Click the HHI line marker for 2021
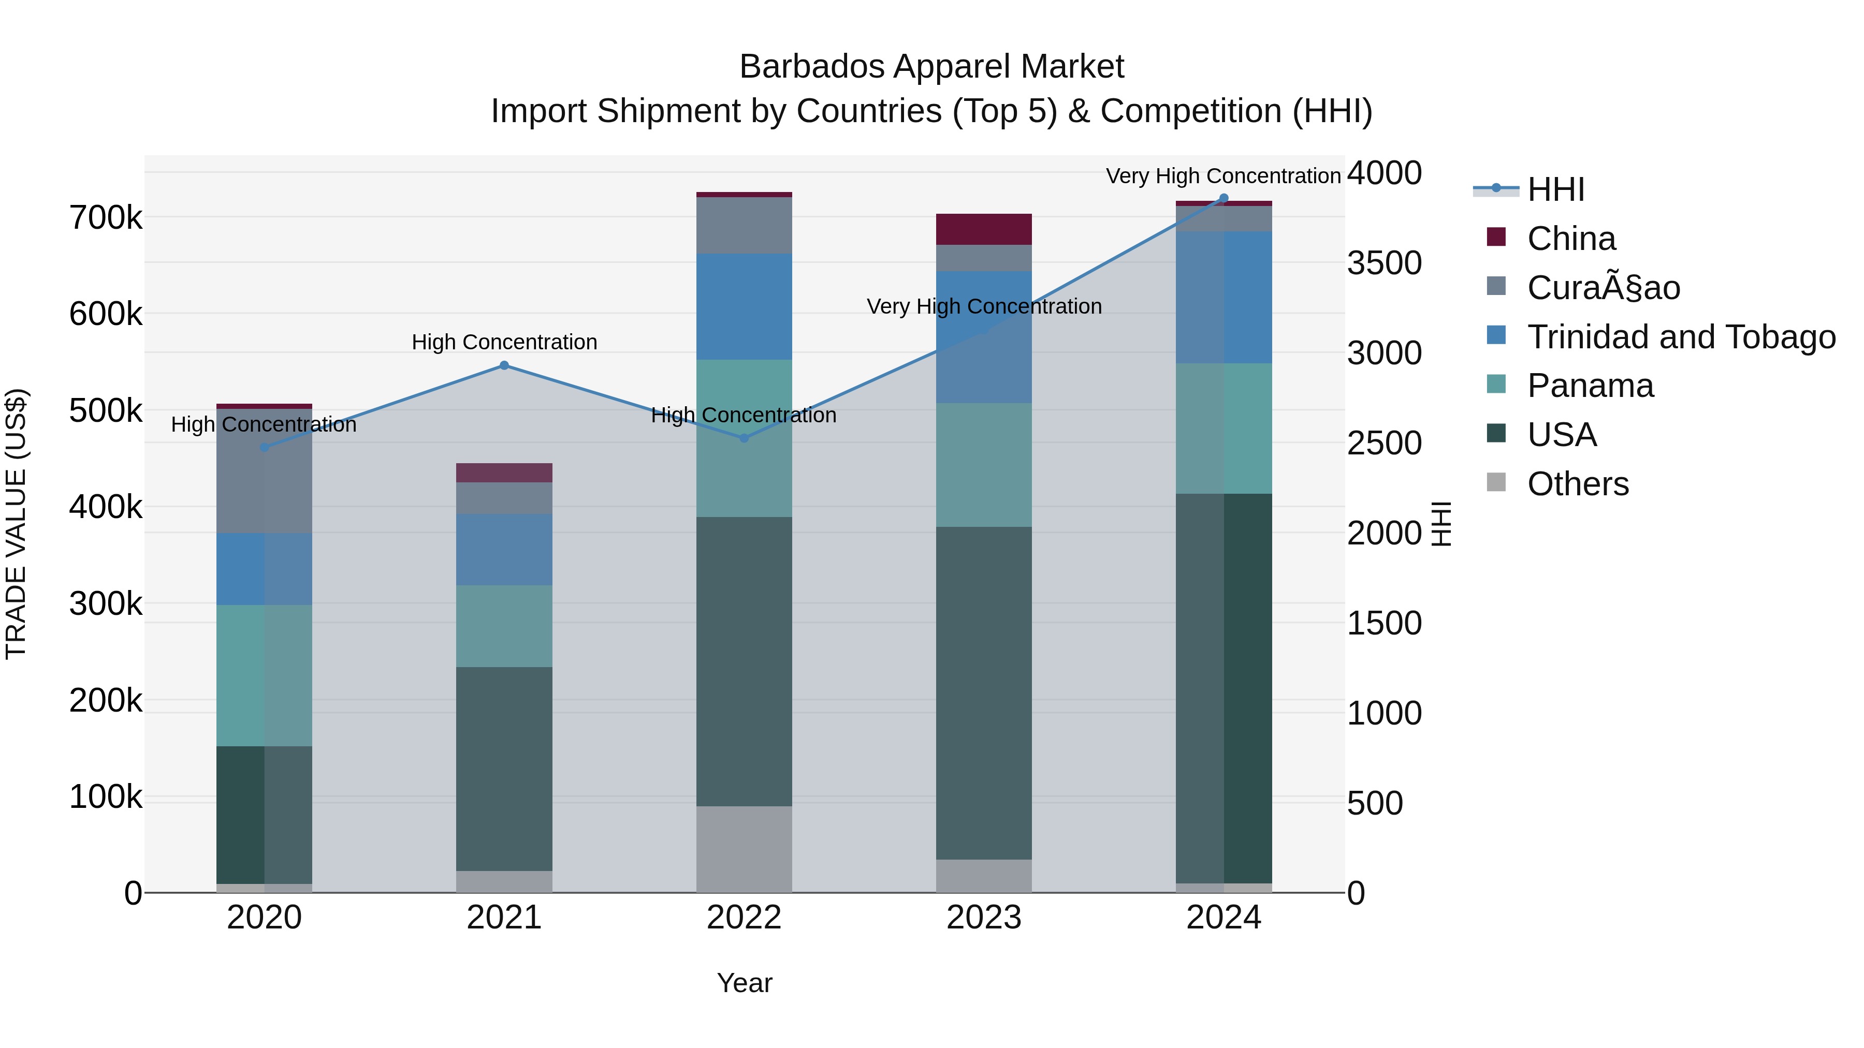504,365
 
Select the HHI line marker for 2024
1224,198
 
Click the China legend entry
1571,239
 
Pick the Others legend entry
1578,484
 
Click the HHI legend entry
1556,189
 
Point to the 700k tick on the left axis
106,218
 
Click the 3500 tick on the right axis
1384,263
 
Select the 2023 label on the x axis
983,918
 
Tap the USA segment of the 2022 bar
744,662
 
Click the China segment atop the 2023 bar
983,229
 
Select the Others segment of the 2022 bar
744,849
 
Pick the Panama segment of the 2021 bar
504,626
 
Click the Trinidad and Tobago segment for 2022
744,307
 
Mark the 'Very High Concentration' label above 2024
1223,176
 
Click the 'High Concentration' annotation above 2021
504,342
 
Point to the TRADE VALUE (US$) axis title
16,524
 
